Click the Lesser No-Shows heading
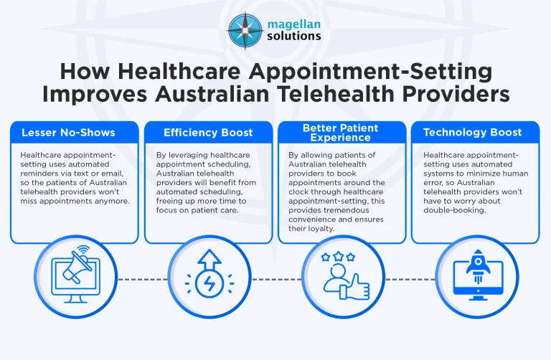pos(68,133)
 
